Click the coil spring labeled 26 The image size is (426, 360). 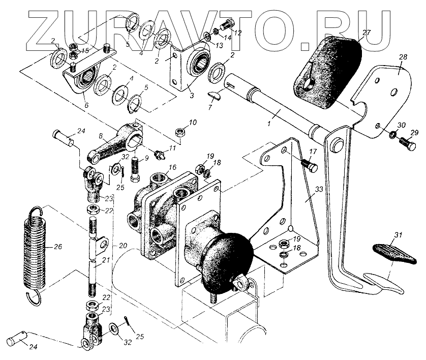click(34, 249)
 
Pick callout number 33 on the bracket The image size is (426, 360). click(318, 190)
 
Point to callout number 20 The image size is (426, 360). click(123, 246)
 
